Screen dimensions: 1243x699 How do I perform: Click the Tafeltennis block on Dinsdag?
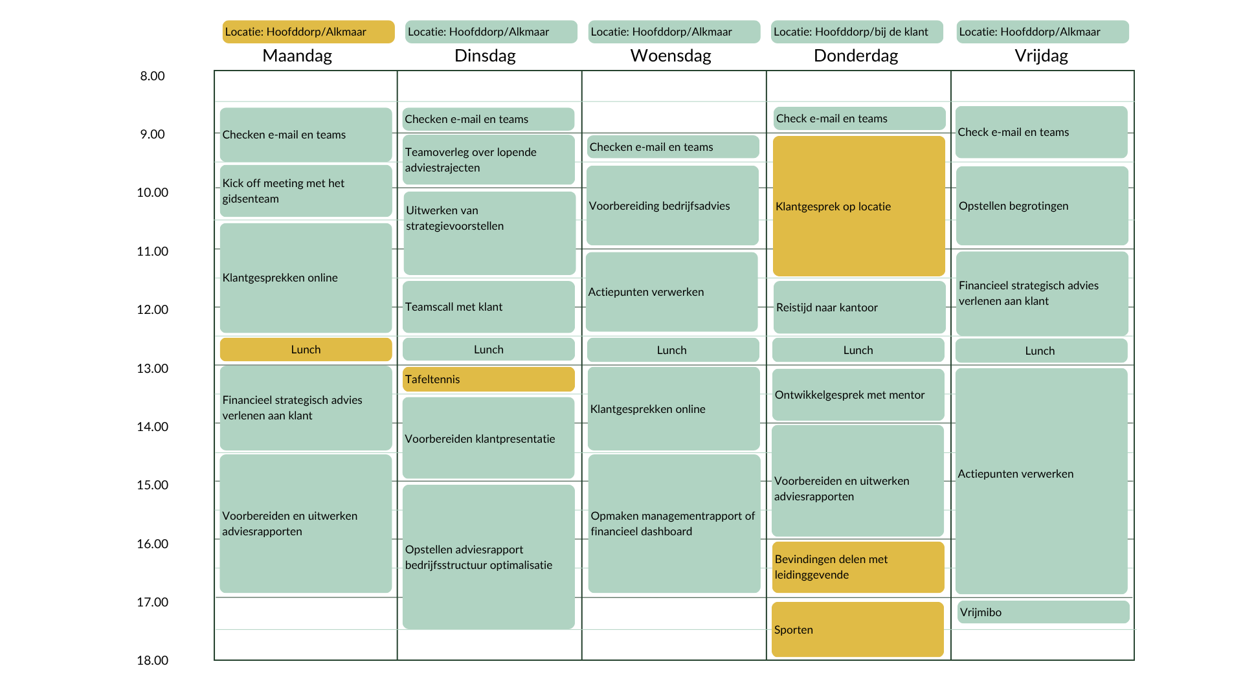[x=488, y=379]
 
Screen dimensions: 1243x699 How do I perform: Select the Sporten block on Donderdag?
[x=858, y=629]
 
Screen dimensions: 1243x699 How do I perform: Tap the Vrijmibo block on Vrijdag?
[x=1043, y=612]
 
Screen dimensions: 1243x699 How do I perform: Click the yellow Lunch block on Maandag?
[x=306, y=349]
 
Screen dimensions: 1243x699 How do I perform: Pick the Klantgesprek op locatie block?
[x=858, y=206]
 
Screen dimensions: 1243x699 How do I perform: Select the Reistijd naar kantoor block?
[x=859, y=307]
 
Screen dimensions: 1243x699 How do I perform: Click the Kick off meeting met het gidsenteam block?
[x=306, y=191]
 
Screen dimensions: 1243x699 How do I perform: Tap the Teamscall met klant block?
[x=488, y=307]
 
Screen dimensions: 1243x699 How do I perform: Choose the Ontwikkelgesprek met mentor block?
[x=858, y=395]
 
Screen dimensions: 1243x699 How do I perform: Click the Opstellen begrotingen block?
[x=1042, y=206]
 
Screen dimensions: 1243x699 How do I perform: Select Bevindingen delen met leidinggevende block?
[x=858, y=567]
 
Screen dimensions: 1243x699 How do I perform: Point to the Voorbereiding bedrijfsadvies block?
[x=672, y=205]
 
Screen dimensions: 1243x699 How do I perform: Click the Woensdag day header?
[x=671, y=56]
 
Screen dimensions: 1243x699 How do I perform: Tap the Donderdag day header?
[x=856, y=56]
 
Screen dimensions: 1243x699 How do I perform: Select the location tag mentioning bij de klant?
[x=857, y=32]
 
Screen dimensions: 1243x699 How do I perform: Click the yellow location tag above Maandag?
[x=308, y=32]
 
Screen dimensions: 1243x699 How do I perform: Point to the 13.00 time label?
[x=152, y=368]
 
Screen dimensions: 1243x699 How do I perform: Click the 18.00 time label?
[x=152, y=660]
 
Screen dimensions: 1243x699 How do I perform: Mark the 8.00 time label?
[x=152, y=76]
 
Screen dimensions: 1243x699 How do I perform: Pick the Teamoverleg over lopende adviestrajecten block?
[x=488, y=159]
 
